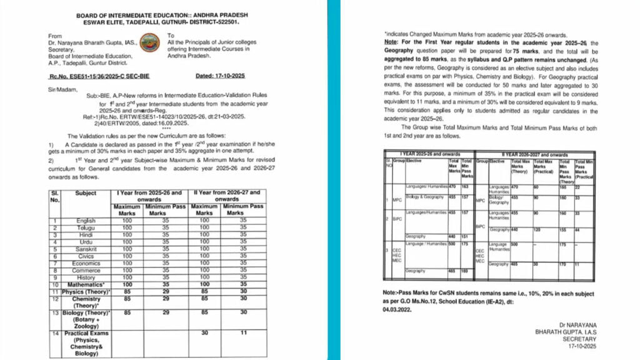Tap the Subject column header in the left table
pyautogui.click(x=86, y=194)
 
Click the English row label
pyautogui.click(x=86, y=221)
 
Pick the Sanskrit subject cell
pyautogui.click(x=86, y=248)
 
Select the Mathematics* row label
pyautogui.click(x=86, y=284)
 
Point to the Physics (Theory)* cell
pyautogui.click(x=86, y=291)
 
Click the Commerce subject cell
pyautogui.click(x=86, y=271)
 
